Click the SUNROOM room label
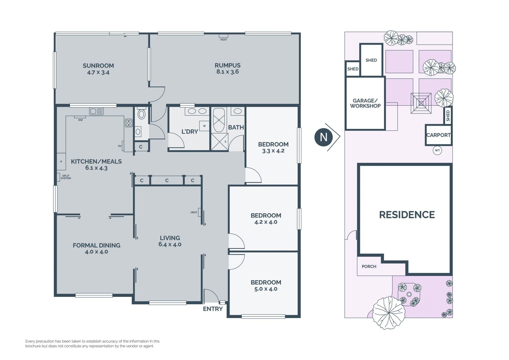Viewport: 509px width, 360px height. (x=98, y=66)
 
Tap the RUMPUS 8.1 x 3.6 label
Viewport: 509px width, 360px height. (x=227, y=68)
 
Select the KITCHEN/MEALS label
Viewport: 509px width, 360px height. (x=96, y=161)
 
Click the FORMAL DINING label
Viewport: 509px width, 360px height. (x=96, y=245)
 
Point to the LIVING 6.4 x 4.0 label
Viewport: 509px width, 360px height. (x=170, y=241)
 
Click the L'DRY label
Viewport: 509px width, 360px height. (x=190, y=132)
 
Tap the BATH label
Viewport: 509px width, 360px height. (x=236, y=127)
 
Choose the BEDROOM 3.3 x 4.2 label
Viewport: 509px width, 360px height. (x=273, y=148)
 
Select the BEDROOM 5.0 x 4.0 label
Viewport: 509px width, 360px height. (x=266, y=286)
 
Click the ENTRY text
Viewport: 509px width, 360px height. (x=213, y=309)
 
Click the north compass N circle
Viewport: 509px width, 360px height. (x=323, y=137)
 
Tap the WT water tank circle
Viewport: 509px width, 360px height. (x=437, y=150)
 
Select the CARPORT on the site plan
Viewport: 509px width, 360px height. (x=438, y=135)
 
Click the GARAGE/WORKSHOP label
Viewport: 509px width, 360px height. (x=365, y=103)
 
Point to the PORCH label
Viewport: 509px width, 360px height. (x=369, y=266)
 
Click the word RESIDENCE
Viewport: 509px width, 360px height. (x=407, y=215)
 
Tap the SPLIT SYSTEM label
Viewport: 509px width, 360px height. (x=66, y=177)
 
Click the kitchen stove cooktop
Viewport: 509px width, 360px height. (x=129, y=123)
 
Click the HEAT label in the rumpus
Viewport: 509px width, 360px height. (x=223, y=40)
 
